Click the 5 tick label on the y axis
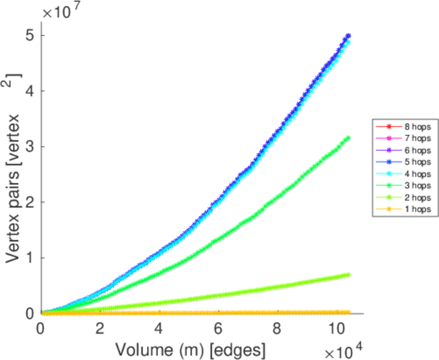tap(29, 35)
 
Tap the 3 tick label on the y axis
tap(29, 146)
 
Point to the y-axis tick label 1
tap(29, 257)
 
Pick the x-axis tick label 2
tap(100, 329)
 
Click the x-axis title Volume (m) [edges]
tap(189, 348)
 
